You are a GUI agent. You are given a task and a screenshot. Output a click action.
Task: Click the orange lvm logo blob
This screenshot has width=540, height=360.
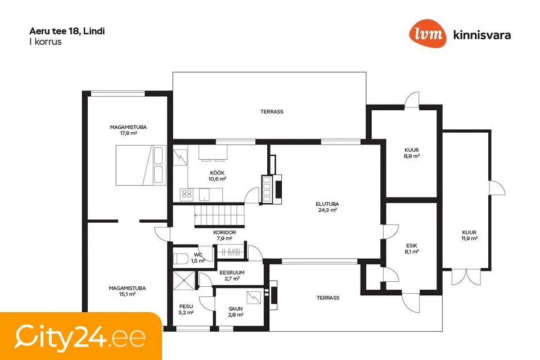pos(427,33)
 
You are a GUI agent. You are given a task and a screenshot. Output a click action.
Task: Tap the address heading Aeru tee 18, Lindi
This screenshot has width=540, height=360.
pos(67,31)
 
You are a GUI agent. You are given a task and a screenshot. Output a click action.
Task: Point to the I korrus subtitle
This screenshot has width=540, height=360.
pos(45,42)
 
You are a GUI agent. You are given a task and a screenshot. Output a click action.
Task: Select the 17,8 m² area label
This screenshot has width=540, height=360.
pos(128,133)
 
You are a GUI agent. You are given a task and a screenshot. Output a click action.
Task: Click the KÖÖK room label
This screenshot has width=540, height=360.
pos(217,173)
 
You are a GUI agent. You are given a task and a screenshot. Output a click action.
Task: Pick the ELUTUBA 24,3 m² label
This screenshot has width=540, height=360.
pos(327,207)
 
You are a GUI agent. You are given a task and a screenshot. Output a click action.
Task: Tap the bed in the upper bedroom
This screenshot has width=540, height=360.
pos(141,165)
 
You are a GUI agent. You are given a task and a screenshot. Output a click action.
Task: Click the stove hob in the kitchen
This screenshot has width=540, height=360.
pos(187,195)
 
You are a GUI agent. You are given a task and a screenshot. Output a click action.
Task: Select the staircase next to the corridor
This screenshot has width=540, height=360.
pos(219,215)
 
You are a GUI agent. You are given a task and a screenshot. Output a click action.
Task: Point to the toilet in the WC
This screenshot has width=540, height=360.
pos(181,259)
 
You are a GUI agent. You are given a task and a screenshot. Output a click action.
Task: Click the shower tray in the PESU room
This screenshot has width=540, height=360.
pos(184,281)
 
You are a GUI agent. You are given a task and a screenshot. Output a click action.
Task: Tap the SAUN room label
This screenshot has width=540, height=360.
pos(236,309)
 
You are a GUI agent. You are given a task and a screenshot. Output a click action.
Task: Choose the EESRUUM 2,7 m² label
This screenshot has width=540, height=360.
pos(232,276)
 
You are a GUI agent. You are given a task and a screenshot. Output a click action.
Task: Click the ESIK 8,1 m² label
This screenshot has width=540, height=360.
pos(412,249)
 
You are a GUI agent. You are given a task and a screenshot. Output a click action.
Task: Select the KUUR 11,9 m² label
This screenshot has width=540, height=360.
pos(469,235)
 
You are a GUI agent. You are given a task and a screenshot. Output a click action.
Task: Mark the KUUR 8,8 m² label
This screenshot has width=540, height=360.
pos(412,153)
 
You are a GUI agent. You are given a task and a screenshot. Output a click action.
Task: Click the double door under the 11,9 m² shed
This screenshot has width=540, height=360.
pos(466,277)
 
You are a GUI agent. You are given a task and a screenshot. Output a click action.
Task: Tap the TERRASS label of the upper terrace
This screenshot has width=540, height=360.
pos(272,111)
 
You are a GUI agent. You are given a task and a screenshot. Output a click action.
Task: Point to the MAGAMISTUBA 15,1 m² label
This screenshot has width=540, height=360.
pos(128,291)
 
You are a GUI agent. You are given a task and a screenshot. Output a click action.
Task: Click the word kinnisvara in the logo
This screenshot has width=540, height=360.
pos(482,35)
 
